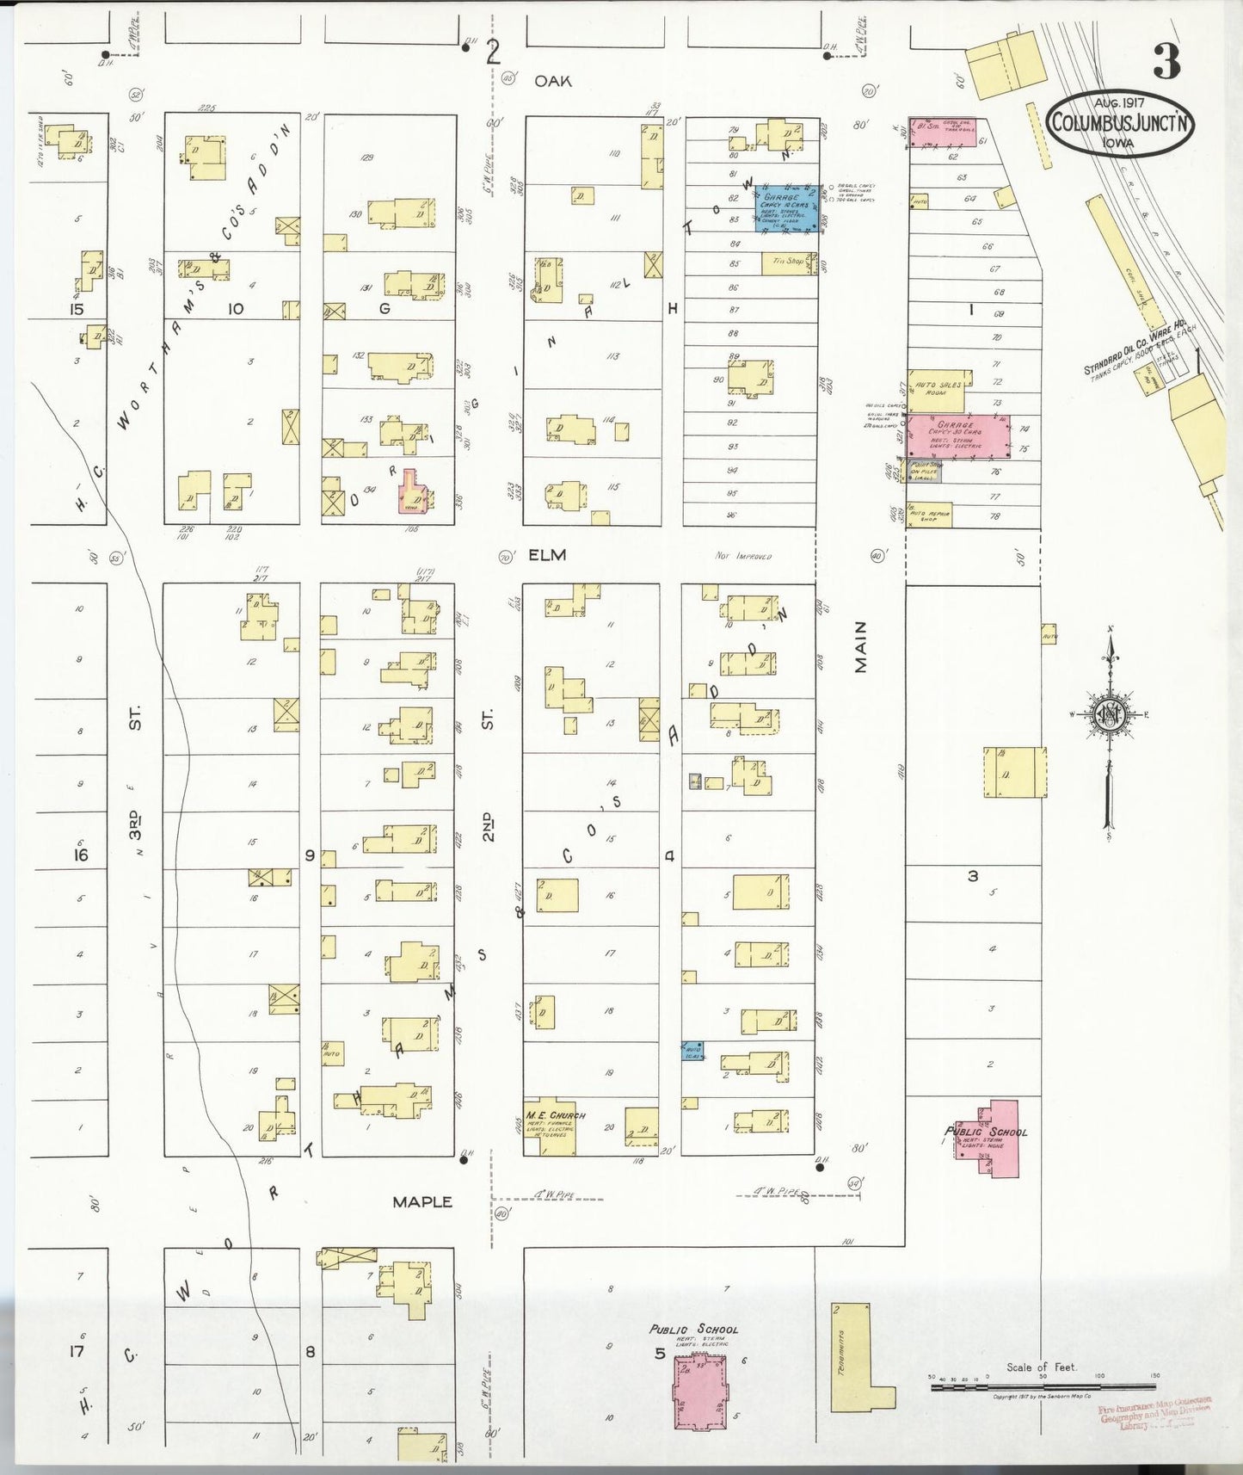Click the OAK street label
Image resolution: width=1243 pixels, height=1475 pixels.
[552, 80]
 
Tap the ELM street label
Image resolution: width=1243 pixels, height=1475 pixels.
[547, 555]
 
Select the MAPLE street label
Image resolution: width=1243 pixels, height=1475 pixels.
[422, 1202]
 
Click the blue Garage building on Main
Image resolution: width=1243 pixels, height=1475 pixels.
[786, 208]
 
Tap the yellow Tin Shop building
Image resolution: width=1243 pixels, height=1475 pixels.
[788, 263]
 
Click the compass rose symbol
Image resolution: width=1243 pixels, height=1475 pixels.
[1110, 714]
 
